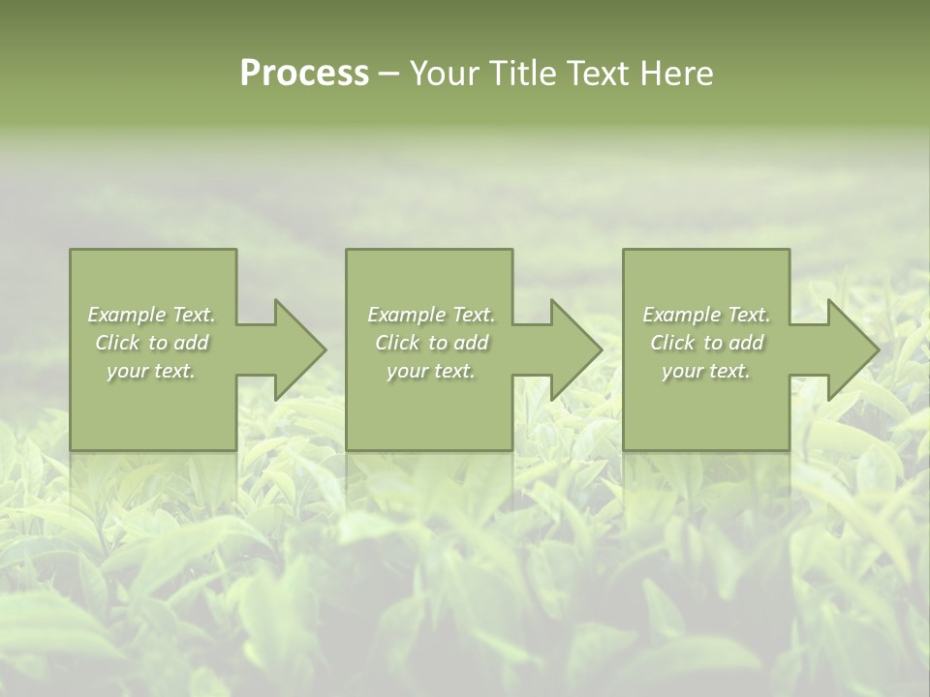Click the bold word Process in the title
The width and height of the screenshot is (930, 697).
pos(304,73)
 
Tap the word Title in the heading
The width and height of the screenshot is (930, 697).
pos(526,74)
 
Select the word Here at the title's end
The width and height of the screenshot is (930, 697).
pos(675,74)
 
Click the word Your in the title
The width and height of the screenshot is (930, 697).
pos(447,74)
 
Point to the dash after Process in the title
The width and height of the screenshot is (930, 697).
pos(389,75)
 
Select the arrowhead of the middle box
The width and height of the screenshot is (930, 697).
pos(579,349)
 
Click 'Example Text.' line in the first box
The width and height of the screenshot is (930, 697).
pos(151,315)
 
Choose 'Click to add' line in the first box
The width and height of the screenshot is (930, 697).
pos(151,343)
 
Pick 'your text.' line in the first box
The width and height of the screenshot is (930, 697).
pos(151,371)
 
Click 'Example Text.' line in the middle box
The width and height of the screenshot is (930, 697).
pos(431,315)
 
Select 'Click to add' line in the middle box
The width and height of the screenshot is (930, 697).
pos(431,343)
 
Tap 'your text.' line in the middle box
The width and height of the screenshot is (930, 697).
pos(431,371)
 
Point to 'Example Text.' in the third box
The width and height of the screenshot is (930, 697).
pos(706,315)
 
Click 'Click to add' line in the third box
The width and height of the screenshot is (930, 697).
pos(706,343)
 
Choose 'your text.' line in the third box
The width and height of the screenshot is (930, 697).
pos(706,371)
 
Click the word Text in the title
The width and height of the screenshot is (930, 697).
pos(599,74)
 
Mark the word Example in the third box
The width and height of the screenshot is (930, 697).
pos(682,315)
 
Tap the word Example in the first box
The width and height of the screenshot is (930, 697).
pos(127,315)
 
